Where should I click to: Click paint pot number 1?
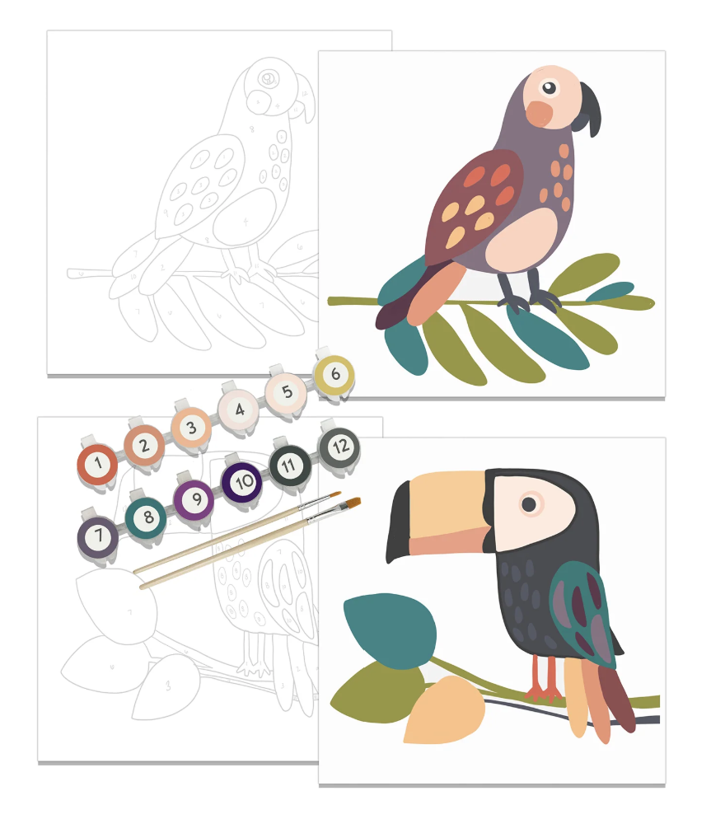98,464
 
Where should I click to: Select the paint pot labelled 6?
334,373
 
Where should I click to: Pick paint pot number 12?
339,447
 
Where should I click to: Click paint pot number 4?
239,409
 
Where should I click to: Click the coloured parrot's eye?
549,87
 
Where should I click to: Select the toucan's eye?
529,503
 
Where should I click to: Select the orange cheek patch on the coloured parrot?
540,114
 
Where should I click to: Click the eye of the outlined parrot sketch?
268,79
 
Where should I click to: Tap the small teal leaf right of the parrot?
610,290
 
